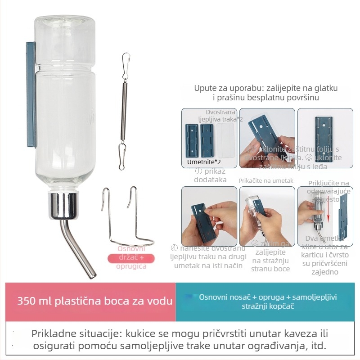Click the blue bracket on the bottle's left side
coord(31,94)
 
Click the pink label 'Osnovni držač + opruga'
coord(131,258)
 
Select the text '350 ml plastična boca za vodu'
coord(94,301)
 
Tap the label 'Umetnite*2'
coord(202,161)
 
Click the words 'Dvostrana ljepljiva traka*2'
coord(221,116)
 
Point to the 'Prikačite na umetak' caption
coord(265,180)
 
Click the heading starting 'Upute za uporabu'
coord(266,92)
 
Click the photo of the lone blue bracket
coord(324,137)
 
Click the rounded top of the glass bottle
coord(65,27)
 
